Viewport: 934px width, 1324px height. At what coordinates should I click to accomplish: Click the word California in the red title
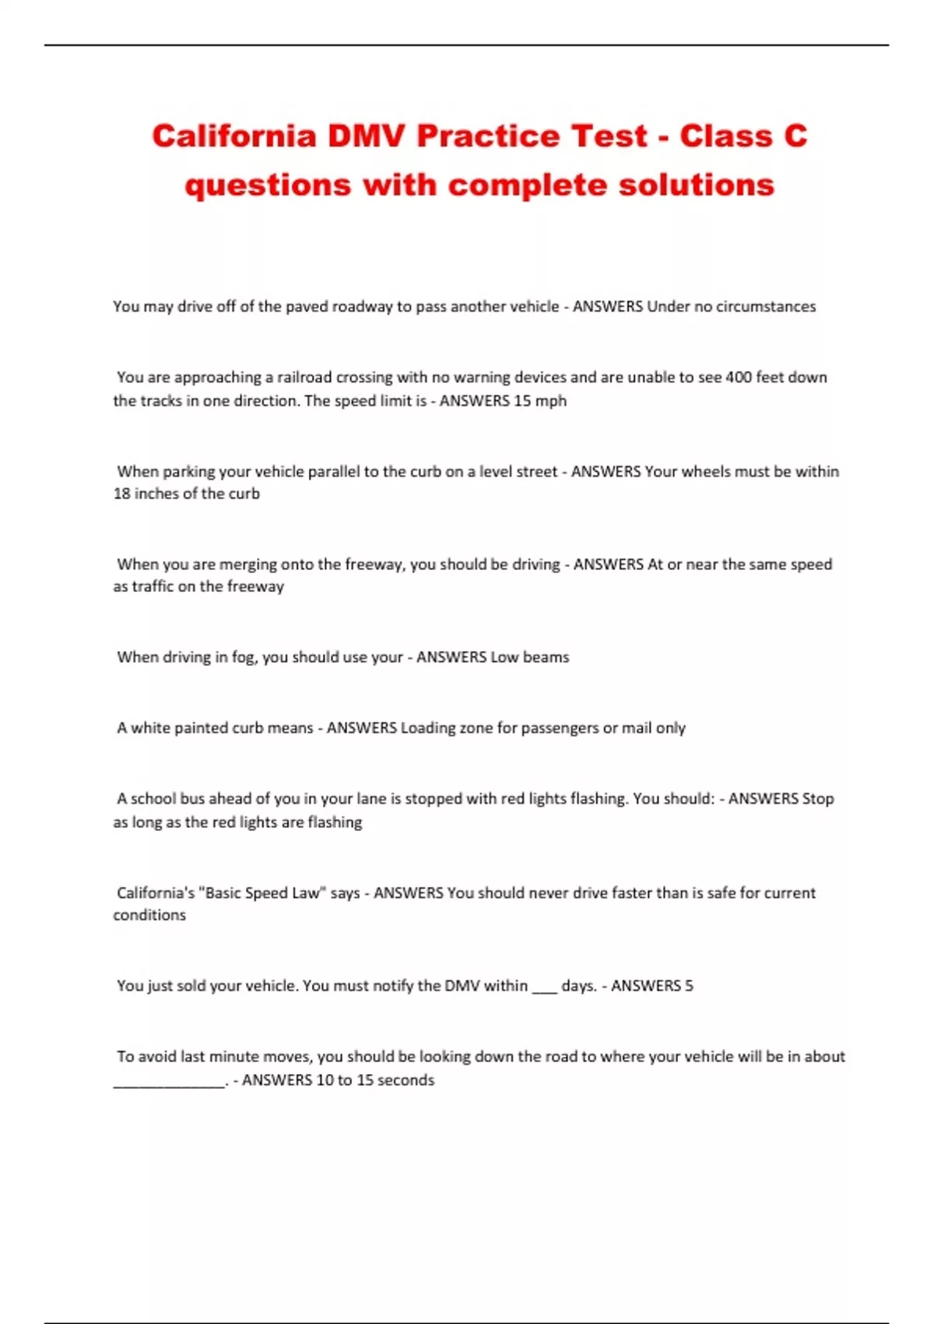(234, 136)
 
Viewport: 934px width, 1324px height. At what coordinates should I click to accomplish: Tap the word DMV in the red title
(366, 136)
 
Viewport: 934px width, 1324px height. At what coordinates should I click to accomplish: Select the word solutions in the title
(697, 185)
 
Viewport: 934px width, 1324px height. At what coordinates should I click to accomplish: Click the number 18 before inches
(121, 494)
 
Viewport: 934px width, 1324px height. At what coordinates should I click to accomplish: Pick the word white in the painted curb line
(148, 728)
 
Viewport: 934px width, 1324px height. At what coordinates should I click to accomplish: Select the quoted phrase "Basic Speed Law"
(263, 893)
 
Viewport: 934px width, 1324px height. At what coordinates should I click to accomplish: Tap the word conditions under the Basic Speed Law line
(149, 915)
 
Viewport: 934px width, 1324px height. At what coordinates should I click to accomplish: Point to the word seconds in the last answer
(406, 1080)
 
